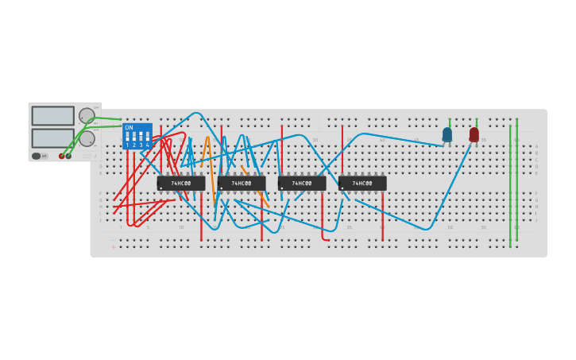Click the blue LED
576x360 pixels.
(x=447, y=134)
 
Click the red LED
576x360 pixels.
(x=474, y=134)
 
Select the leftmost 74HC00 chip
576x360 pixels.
(x=181, y=184)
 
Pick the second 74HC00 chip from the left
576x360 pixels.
(x=242, y=184)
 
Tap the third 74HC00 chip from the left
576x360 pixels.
(x=302, y=184)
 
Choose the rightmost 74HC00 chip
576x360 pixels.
(x=362, y=184)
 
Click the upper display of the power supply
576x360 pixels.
(x=52, y=116)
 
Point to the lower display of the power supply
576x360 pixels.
(x=52, y=138)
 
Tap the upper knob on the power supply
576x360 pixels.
(x=87, y=115)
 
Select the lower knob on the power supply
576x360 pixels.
(x=87, y=138)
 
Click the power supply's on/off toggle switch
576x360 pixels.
(x=37, y=156)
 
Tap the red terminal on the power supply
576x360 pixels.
(x=61, y=156)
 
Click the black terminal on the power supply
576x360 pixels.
(x=68, y=156)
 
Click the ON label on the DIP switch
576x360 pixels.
(x=129, y=127)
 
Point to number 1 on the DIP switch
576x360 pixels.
(x=127, y=145)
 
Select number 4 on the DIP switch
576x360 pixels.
(x=147, y=145)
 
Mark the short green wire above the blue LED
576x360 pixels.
(x=450, y=123)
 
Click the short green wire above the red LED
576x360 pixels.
(x=477, y=123)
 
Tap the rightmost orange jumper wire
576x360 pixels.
(x=256, y=188)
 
